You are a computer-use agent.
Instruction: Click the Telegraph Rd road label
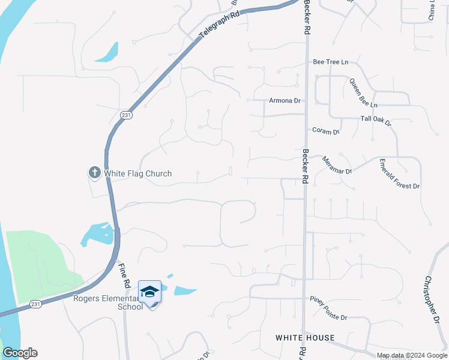(219, 24)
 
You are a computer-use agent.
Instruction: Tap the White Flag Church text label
(138, 174)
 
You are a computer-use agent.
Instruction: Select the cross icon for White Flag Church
(94, 173)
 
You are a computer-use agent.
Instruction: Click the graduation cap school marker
(149, 292)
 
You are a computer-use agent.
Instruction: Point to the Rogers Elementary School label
(108, 302)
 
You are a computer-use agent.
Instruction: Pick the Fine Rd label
(125, 275)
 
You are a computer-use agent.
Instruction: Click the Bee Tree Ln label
(330, 62)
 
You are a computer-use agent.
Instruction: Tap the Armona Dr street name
(285, 101)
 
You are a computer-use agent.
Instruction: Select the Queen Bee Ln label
(363, 94)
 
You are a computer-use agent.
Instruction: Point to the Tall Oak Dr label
(376, 121)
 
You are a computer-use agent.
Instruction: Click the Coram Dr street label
(326, 130)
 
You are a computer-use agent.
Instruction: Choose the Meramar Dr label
(337, 166)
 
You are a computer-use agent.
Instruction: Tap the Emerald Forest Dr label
(399, 174)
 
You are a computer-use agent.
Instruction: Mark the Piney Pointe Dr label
(328, 300)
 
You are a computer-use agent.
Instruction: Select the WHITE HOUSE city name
(305, 338)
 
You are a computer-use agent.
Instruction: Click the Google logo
(20, 353)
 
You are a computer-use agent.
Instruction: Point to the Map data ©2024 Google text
(412, 355)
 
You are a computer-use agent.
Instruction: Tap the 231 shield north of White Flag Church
(125, 115)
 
